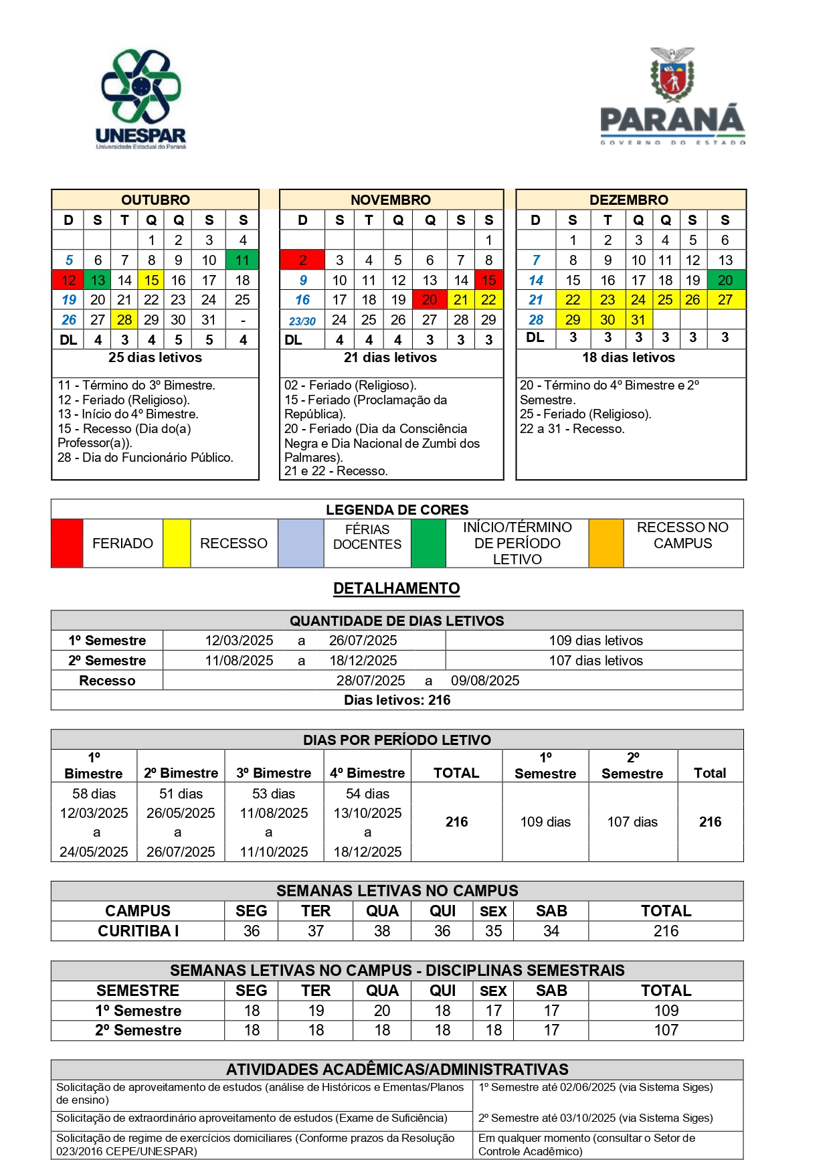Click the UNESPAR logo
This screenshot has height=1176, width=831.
tap(141, 98)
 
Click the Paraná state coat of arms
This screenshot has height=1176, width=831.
tap(672, 73)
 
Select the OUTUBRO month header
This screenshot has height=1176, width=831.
tap(155, 199)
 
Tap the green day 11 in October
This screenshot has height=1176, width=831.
tap(242, 260)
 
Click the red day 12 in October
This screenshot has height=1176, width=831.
tap(68, 280)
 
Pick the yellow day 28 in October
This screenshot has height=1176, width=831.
tap(124, 319)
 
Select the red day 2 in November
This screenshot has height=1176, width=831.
tap(302, 260)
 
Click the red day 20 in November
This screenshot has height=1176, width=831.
tap(430, 300)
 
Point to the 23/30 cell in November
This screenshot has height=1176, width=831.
tap(302, 321)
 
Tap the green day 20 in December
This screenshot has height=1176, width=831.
tap(725, 280)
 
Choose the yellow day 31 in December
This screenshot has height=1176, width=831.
tap(638, 319)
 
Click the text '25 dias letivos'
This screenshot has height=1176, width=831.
tap(155, 357)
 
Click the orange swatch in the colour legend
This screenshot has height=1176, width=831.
tap(606, 543)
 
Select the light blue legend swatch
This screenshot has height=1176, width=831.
tap(301, 543)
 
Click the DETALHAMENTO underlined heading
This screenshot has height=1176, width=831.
tap(397, 588)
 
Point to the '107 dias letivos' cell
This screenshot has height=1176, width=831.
tap(595, 661)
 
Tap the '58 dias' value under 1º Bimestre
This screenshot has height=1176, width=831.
tap(94, 794)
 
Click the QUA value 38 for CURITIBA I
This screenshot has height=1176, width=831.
tap(382, 931)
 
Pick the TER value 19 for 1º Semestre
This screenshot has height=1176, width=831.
tap(316, 1011)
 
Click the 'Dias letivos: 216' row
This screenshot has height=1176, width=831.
tap(397, 700)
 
